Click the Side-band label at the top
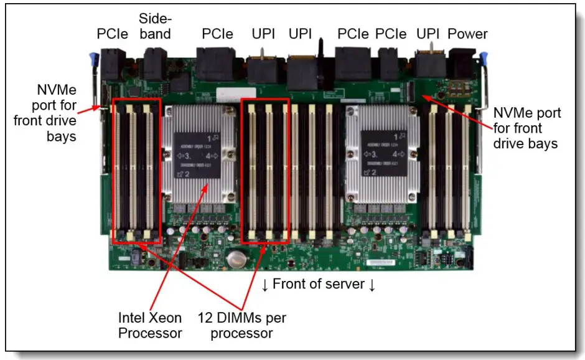pos(155,26)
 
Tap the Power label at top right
pos(468,34)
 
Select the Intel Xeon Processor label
pos(151,325)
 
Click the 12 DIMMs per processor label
pos(241,325)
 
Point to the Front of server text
pos(319,285)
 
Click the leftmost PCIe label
pos(113,34)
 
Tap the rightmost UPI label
pos(428,34)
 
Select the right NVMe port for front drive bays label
pos(526,128)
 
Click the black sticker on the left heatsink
pos(197,154)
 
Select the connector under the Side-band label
pos(154,63)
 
